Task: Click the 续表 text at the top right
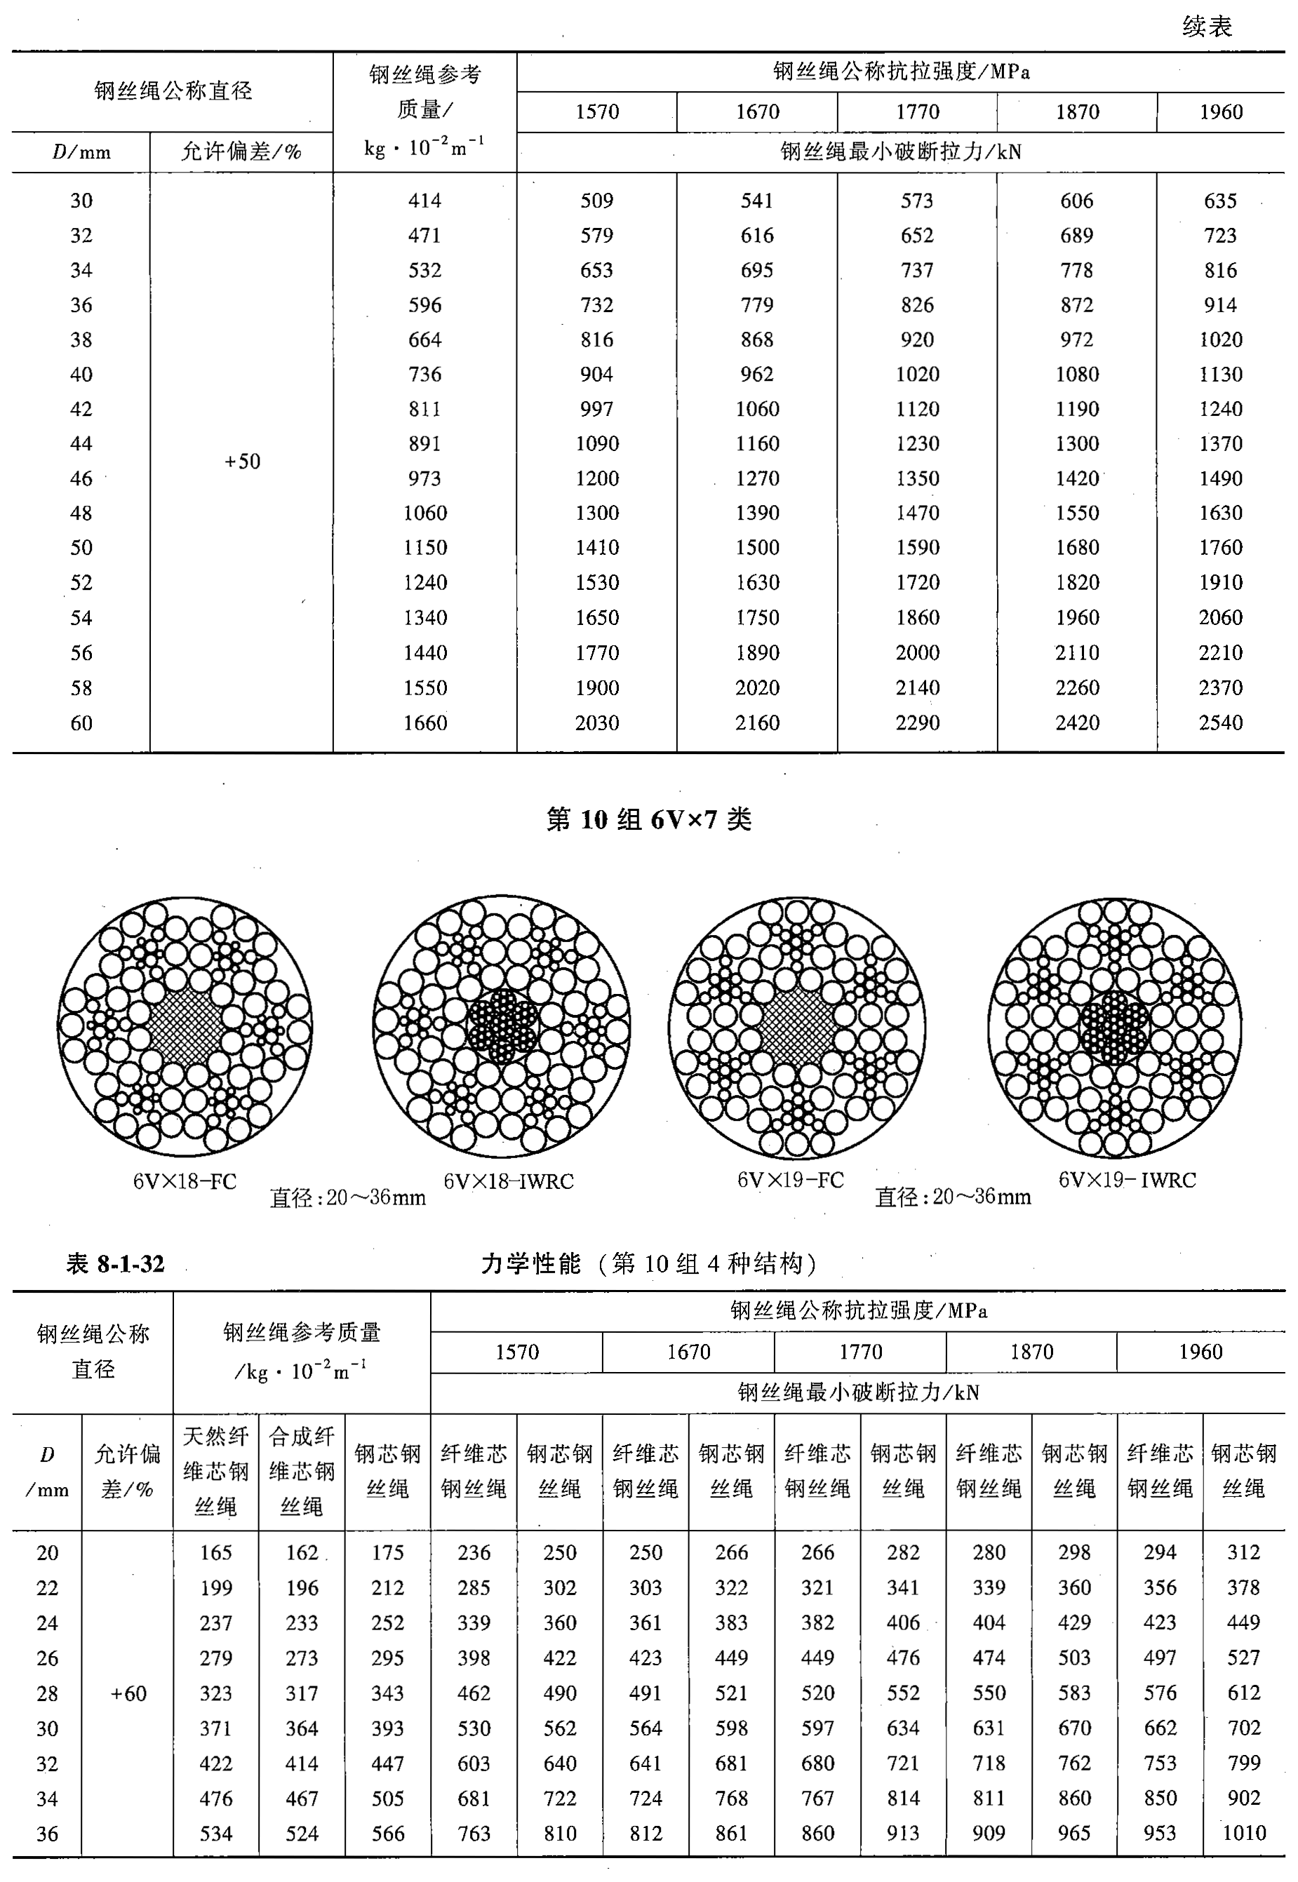[1207, 27]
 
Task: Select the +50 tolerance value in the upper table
[242, 462]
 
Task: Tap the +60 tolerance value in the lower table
[128, 1693]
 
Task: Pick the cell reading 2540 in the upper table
[1220, 722]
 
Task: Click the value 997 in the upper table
[596, 409]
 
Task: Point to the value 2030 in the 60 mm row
[596, 722]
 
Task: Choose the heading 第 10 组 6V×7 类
[648, 819]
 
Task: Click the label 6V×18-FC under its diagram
[185, 1181]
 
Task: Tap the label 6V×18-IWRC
[508, 1181]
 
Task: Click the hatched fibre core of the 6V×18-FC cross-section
[185, 1026]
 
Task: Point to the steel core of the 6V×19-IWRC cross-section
[1114, 1026]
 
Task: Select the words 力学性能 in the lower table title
[530, 1263]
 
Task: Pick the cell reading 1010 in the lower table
[1243, 1832]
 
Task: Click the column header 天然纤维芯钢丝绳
[215, 1472]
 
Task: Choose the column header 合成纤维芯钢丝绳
[302, 1472]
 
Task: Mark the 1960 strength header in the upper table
[1220, 112]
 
